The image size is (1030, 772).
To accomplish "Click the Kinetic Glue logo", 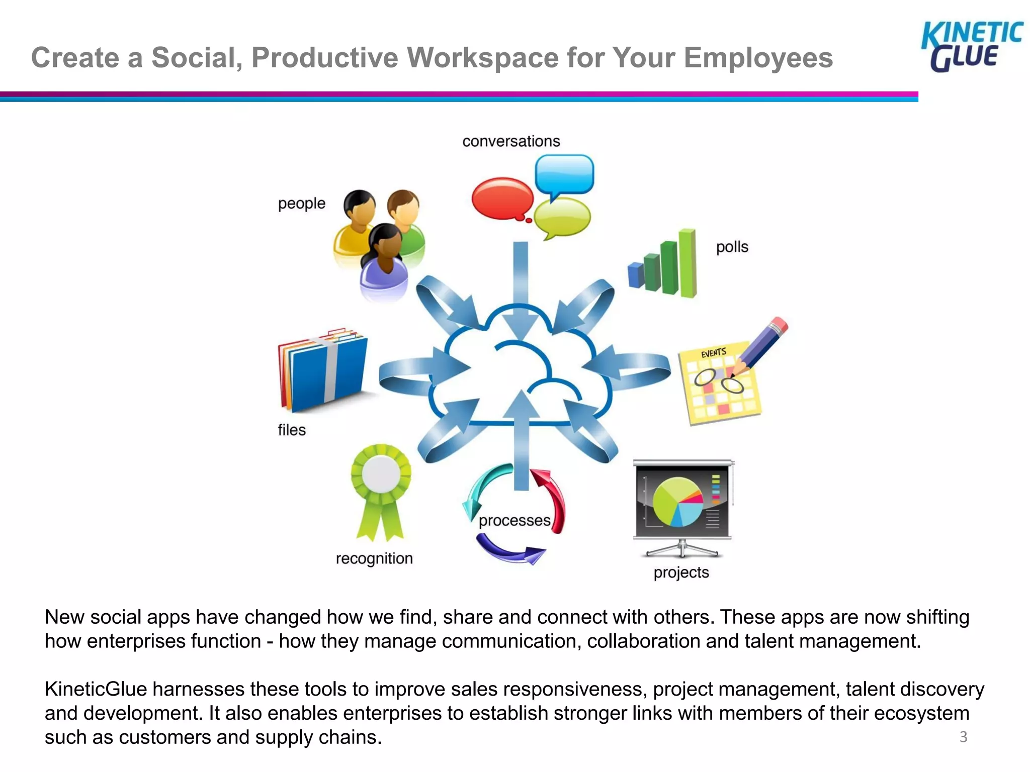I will pos(971,47).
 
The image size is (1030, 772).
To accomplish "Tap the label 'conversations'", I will pos(511,141).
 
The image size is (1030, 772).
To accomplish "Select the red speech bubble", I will pos(502,199).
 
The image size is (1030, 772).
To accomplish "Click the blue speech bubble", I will pos(564,174).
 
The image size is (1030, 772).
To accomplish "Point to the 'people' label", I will pos(302,204).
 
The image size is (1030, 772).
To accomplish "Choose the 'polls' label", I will pos(732,247).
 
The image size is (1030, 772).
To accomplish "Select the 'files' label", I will pos(292,430).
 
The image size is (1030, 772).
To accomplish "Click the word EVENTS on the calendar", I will pos(714,353).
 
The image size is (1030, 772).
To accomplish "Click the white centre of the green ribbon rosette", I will pos(381,473).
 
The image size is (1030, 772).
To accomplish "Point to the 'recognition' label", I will pos(374,558).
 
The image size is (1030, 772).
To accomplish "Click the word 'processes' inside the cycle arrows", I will pos(514,521).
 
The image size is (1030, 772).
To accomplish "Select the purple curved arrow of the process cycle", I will pos(508,550).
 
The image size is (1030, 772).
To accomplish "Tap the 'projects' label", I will pos(681,572).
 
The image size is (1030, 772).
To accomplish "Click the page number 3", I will pos(963,737).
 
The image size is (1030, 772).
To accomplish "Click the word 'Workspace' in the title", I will pos(482,57).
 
